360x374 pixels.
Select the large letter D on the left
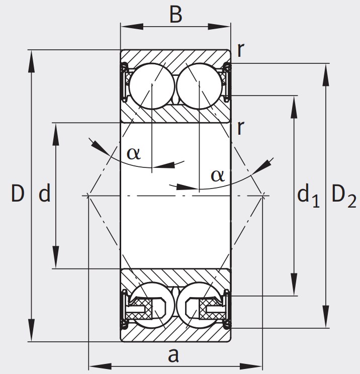[18, 194]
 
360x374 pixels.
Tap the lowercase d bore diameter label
[45, 194]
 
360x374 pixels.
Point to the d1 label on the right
[308, 196]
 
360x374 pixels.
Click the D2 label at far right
[343, 196]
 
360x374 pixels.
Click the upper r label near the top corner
[241, 51]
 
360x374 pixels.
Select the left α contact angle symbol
[133, 152]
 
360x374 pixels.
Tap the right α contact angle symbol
[216, 175]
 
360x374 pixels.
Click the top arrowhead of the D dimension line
[32, 56]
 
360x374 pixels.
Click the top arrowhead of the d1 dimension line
[293, 101]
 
